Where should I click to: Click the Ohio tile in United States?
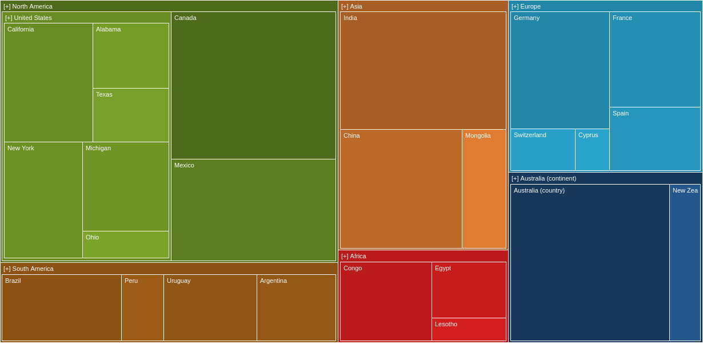(x=126, y=245)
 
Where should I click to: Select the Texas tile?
(x=131, y=115)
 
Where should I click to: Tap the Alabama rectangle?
(x=131, y=56)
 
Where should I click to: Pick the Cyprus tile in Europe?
(x=592, y=150)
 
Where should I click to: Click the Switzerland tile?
(x=543, y=150)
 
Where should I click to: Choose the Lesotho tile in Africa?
(x=469, y=330)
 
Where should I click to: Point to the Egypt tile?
(x=469, y=290)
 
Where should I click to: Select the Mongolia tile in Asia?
(x=484, y=189)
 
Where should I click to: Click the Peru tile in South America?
(x=142, y=308)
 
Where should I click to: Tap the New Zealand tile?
(x=685, y=263)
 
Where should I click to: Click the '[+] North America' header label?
(x=28, y=6)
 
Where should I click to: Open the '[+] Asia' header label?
(x=351, y=6)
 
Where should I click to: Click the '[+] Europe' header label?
(x=526, y=6)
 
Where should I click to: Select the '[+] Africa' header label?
(x=354, y=256)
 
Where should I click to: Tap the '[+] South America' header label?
(x=29, y=269)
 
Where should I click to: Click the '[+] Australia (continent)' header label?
(x=544, y=178)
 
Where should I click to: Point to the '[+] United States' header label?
(x=29, y=18)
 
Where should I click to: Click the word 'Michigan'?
(x=98, y=148)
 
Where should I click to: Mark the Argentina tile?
(x=296, y=308)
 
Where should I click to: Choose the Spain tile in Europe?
(x=655, y=139)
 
